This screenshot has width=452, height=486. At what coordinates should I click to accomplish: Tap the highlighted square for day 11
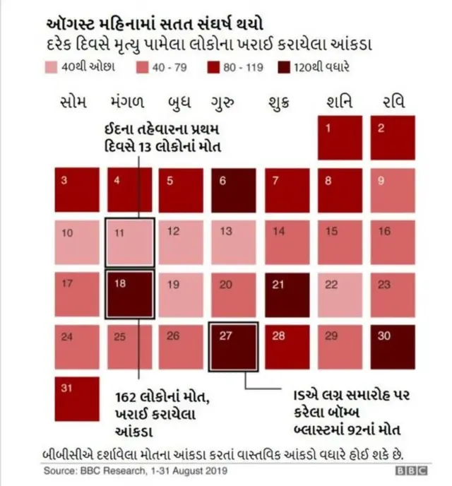[129, 242]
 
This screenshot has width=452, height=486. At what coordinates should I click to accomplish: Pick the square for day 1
[340, 137]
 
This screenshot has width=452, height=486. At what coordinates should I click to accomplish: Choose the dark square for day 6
[234, 189]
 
